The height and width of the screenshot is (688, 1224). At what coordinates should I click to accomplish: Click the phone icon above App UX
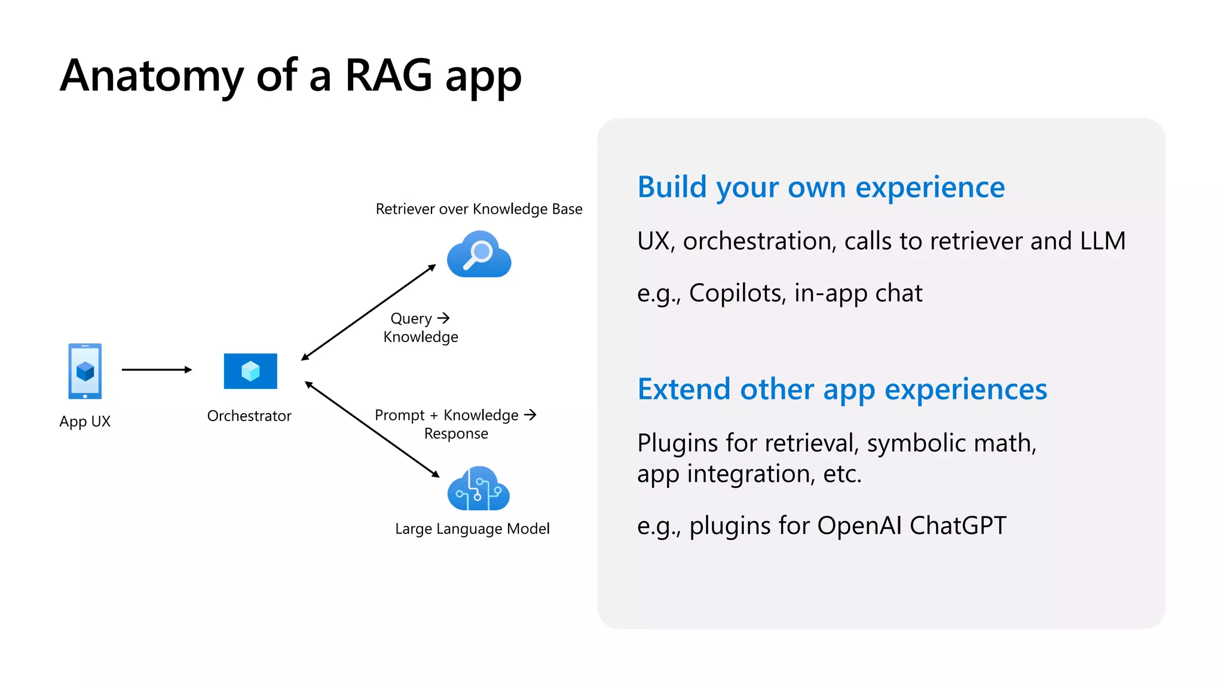[85, 371]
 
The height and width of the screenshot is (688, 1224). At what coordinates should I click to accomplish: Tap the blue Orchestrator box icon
[250, 371]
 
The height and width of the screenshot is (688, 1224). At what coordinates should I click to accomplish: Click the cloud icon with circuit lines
[478, 489]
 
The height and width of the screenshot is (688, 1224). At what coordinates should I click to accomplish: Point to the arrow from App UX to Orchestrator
[157, 370]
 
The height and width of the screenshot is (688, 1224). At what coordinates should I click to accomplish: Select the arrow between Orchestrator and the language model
[372, 429]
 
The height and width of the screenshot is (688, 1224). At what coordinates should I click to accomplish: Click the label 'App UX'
[85, 421]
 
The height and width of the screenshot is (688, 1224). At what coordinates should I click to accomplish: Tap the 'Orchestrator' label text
[249, 416]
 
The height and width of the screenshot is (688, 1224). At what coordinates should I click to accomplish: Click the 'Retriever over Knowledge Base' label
[479, 209]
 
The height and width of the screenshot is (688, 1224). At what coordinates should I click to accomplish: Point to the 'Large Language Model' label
[472, 529]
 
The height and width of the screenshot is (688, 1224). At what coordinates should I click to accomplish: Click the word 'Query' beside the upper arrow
[411, 318]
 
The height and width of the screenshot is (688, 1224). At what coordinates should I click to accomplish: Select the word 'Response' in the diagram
[456, 434]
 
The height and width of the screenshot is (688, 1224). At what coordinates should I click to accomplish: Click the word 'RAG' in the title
[388, 76]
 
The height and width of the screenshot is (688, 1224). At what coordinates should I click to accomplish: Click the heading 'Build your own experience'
[821, 187]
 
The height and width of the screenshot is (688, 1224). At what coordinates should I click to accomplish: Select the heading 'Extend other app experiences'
[841, 389]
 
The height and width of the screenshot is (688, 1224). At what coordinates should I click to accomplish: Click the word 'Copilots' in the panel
[736, 293]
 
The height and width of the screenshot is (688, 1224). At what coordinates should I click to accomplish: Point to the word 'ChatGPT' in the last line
[957, 526]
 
